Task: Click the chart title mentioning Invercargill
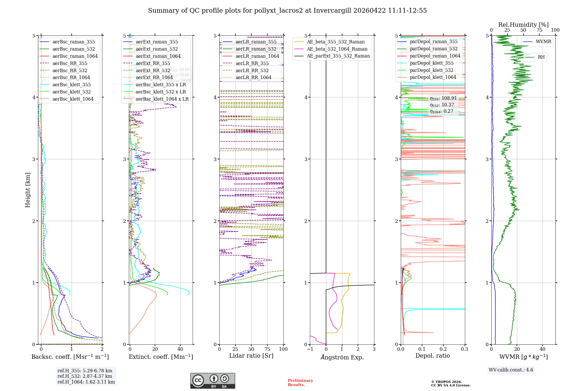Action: [x=287, y=11]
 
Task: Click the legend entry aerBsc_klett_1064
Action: [x=73, y=99]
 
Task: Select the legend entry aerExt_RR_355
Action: [x=153, y=63]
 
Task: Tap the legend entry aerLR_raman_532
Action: [x=256, y=49]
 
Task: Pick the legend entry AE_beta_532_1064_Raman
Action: [x=337, y=49]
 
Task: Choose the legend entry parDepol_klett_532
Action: [x=431, y=70]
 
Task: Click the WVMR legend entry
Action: [x=543, y=42]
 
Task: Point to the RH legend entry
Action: [x=541, y=57]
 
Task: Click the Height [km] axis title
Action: [x=28, y=190]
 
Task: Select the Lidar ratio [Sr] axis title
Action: [x=251, y=356]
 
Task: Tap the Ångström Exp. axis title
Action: [x=342, y=357]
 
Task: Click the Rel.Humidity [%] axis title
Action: [x=523, y=25]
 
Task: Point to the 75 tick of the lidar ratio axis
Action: [x=267, y=349]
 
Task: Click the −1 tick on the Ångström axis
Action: [x=310, y=349]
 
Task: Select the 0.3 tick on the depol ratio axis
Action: [x=465, y=349]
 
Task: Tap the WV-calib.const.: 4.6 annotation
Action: [x=511, y=370]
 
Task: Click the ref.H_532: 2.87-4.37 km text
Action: [x=85, y=376]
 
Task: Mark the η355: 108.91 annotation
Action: [x=443, y=98]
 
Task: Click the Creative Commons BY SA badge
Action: [x=212, y=381]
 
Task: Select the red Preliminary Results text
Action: [x=300, y=383]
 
